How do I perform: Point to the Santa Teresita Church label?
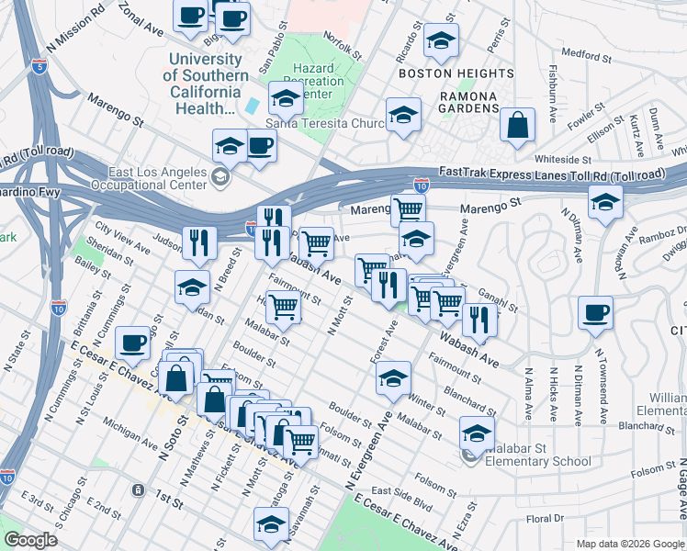(x=324, y=124)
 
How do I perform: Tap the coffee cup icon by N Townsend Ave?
(x=595, y=312)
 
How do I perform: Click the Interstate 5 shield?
(x=38, y=66)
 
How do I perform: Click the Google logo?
(x=31, y=540)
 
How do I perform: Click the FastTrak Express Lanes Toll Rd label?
(x=551, y=173)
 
